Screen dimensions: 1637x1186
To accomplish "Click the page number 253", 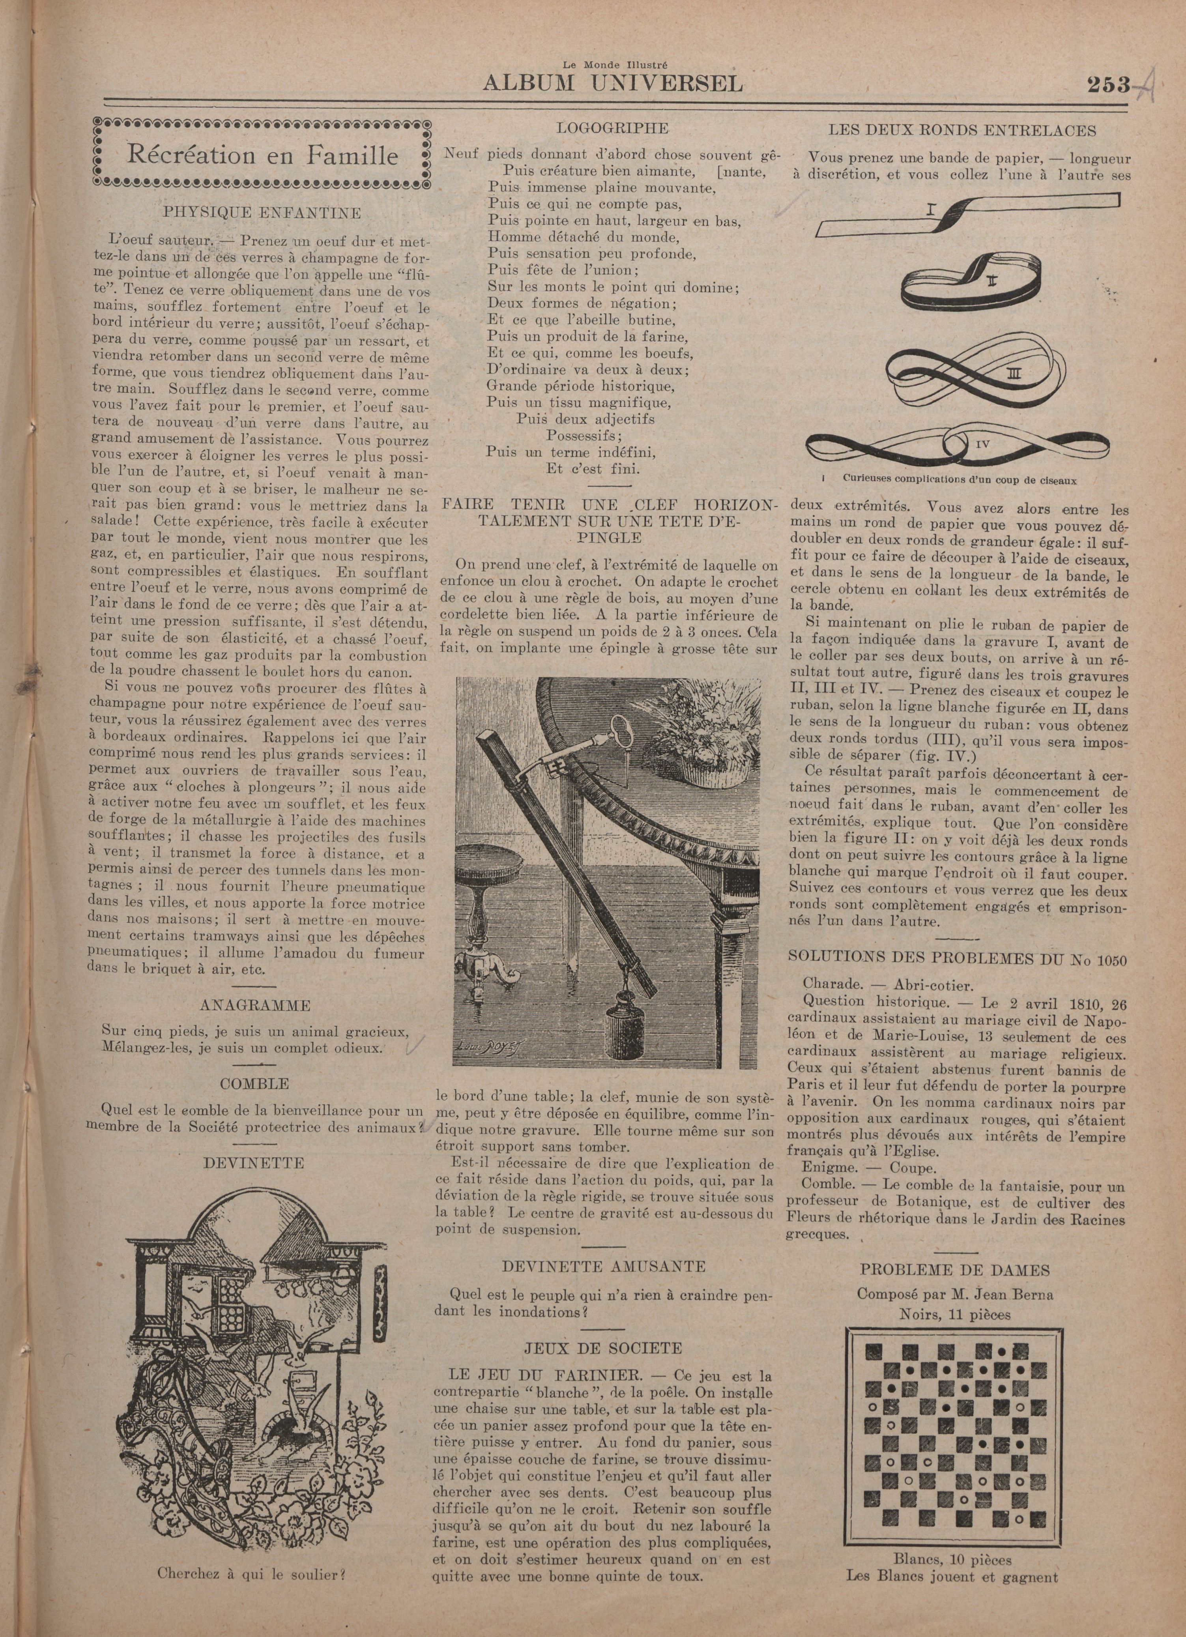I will coord(1107,84).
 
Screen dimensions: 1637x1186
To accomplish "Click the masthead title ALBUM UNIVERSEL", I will coord(612,83).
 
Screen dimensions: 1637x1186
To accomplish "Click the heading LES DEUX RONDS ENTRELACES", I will coord(962,131).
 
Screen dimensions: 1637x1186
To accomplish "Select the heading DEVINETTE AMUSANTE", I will coord(604,1266).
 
